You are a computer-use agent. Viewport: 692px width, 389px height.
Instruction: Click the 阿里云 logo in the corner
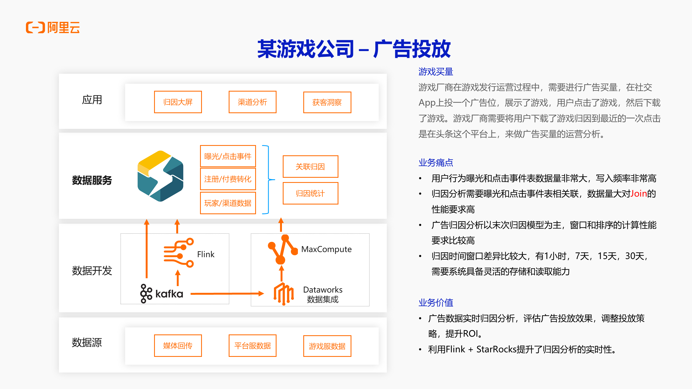coord(53,27)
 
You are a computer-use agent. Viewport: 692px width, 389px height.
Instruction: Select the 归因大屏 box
coord(178,102)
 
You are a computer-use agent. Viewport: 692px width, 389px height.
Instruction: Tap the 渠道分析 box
coord(252,102)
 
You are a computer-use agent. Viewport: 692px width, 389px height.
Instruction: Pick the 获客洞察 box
coord(327,102)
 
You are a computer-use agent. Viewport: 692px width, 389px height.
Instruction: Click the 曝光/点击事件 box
coord(228,156)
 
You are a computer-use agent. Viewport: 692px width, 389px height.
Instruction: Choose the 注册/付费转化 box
coord(228,179)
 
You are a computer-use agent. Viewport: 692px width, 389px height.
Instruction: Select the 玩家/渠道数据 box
coord(228,203)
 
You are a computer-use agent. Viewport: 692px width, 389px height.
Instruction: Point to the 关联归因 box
coord(310,166)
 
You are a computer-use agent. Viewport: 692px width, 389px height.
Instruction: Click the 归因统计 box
coord(310,193)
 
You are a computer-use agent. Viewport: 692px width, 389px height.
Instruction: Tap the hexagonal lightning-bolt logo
coord(161,176)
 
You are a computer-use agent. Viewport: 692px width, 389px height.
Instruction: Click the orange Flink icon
coord(179,253)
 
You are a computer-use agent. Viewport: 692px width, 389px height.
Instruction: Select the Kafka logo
coord(162,293)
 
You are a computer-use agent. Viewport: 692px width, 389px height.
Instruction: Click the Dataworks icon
coord(284,294)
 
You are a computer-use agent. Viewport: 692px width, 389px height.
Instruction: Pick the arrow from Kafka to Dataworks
coord(227,293)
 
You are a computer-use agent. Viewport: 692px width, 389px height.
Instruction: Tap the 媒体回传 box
coord(178,346)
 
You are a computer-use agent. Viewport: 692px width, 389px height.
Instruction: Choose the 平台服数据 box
coord(252,346)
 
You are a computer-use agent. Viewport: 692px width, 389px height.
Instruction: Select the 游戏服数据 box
coord(327,346)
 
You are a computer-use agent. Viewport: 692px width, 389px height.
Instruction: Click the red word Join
coord(638,193)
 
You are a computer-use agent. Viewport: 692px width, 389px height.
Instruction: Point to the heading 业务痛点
coord(436,163)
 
